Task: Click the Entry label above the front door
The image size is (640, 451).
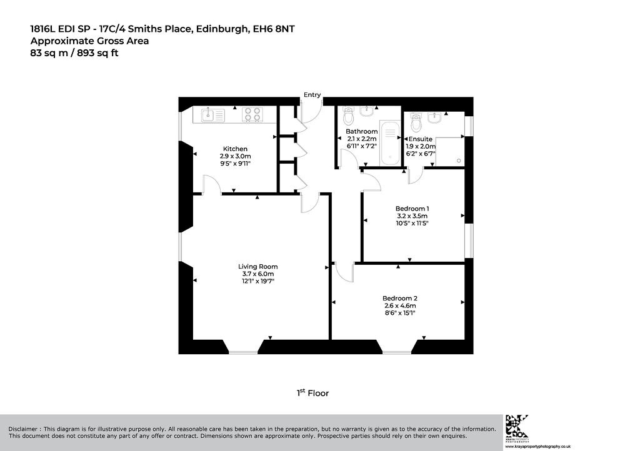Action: point(312,94)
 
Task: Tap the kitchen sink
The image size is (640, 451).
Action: point(213,114)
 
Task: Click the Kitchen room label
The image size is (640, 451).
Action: point(235,149)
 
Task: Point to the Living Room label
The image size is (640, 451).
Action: point(258,267)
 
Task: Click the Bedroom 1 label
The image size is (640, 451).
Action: point(412,209)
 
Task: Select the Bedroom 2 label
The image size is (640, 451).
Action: point(399,299)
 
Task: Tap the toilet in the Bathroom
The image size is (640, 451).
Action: point(349,116)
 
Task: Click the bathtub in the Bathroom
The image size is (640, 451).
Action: point(390,142)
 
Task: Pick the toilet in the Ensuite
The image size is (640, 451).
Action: point(416,122)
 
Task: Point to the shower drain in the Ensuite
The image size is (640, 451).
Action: point(459,161)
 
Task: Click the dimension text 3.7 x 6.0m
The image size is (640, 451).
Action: point(258,274)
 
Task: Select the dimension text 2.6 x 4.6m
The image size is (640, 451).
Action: point(400,306)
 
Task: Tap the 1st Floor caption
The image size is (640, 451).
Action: point(312,393)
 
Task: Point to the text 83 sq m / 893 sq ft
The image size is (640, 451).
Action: point(74,53)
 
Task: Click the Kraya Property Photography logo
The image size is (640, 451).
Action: point(517,428)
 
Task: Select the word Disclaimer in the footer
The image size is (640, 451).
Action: point(23,429)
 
